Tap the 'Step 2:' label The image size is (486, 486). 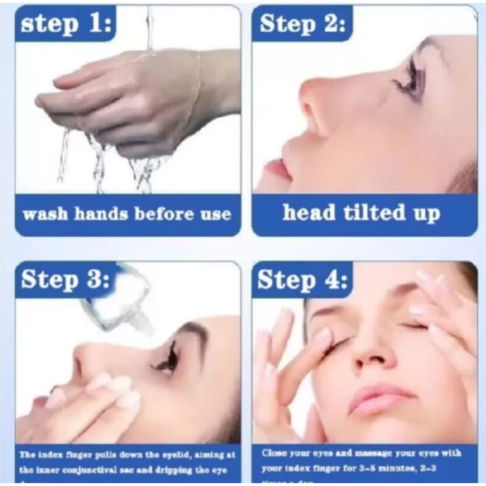coord(302,23)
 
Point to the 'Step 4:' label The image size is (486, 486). coord(302,280)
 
